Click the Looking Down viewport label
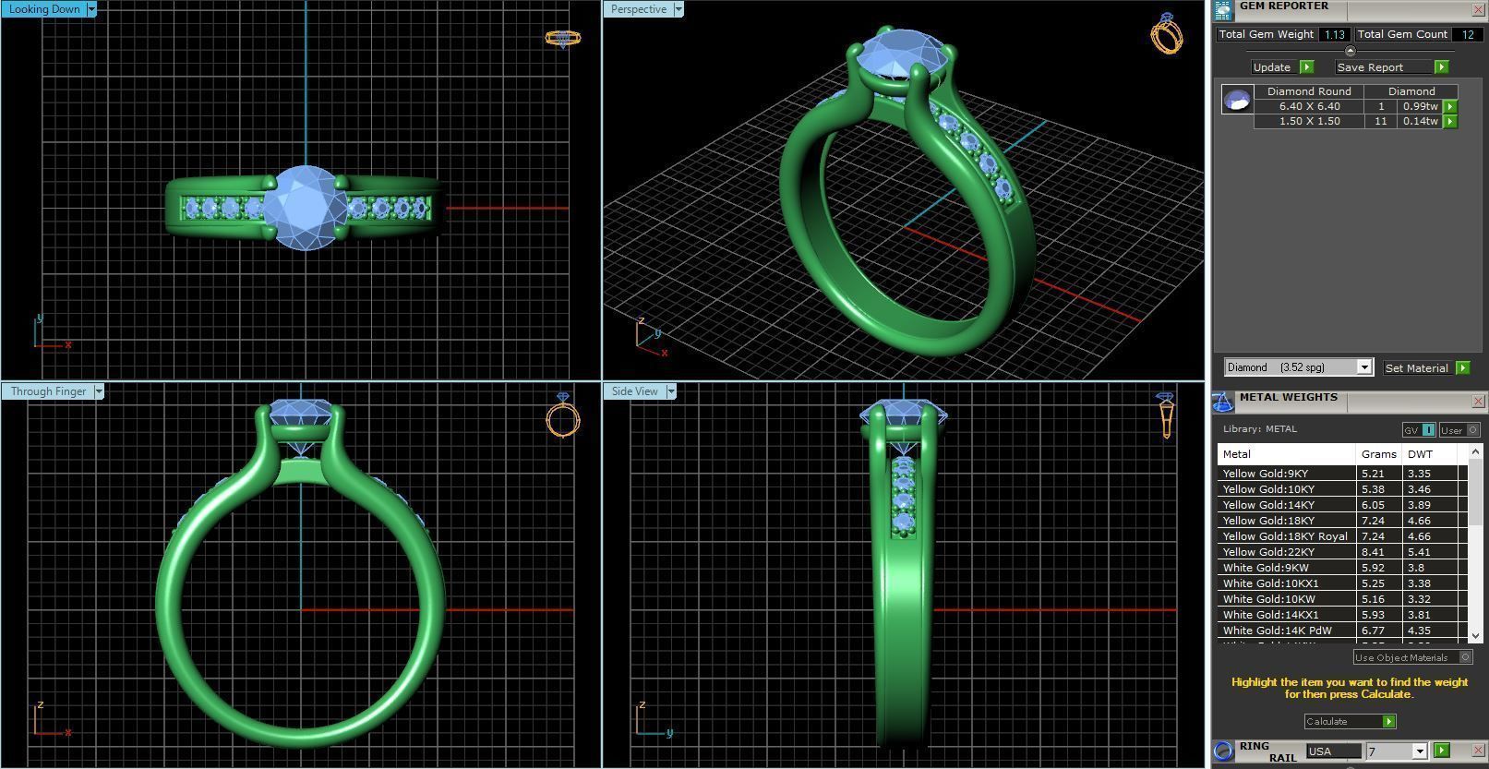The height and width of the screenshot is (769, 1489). click(44, 9)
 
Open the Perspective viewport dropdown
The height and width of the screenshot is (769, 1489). click(678, 9)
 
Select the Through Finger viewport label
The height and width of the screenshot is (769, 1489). click(48, 391)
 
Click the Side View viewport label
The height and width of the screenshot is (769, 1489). click(634, 391)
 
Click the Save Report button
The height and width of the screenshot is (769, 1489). click(1370, 67)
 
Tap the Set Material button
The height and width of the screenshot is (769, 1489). click(1416, 367)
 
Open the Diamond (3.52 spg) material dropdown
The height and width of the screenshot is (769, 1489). click(1363, 367)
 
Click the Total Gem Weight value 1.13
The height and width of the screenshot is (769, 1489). click(1333, 34)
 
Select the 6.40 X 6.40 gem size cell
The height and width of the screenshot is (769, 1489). click(1308, 106)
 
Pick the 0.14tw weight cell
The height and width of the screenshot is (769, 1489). click(1420, 121)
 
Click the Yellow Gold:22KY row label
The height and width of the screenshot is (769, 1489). click(1268, 552)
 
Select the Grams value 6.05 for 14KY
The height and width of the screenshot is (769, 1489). click(1373, 505)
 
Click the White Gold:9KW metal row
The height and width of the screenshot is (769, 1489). click(1266, 568)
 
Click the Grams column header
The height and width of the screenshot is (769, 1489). click(1378, 454)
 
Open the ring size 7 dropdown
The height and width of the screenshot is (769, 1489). click(1419, 751)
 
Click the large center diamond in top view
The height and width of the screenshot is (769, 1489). click(305, 207)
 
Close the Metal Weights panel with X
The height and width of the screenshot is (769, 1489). click(1478, 401)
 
